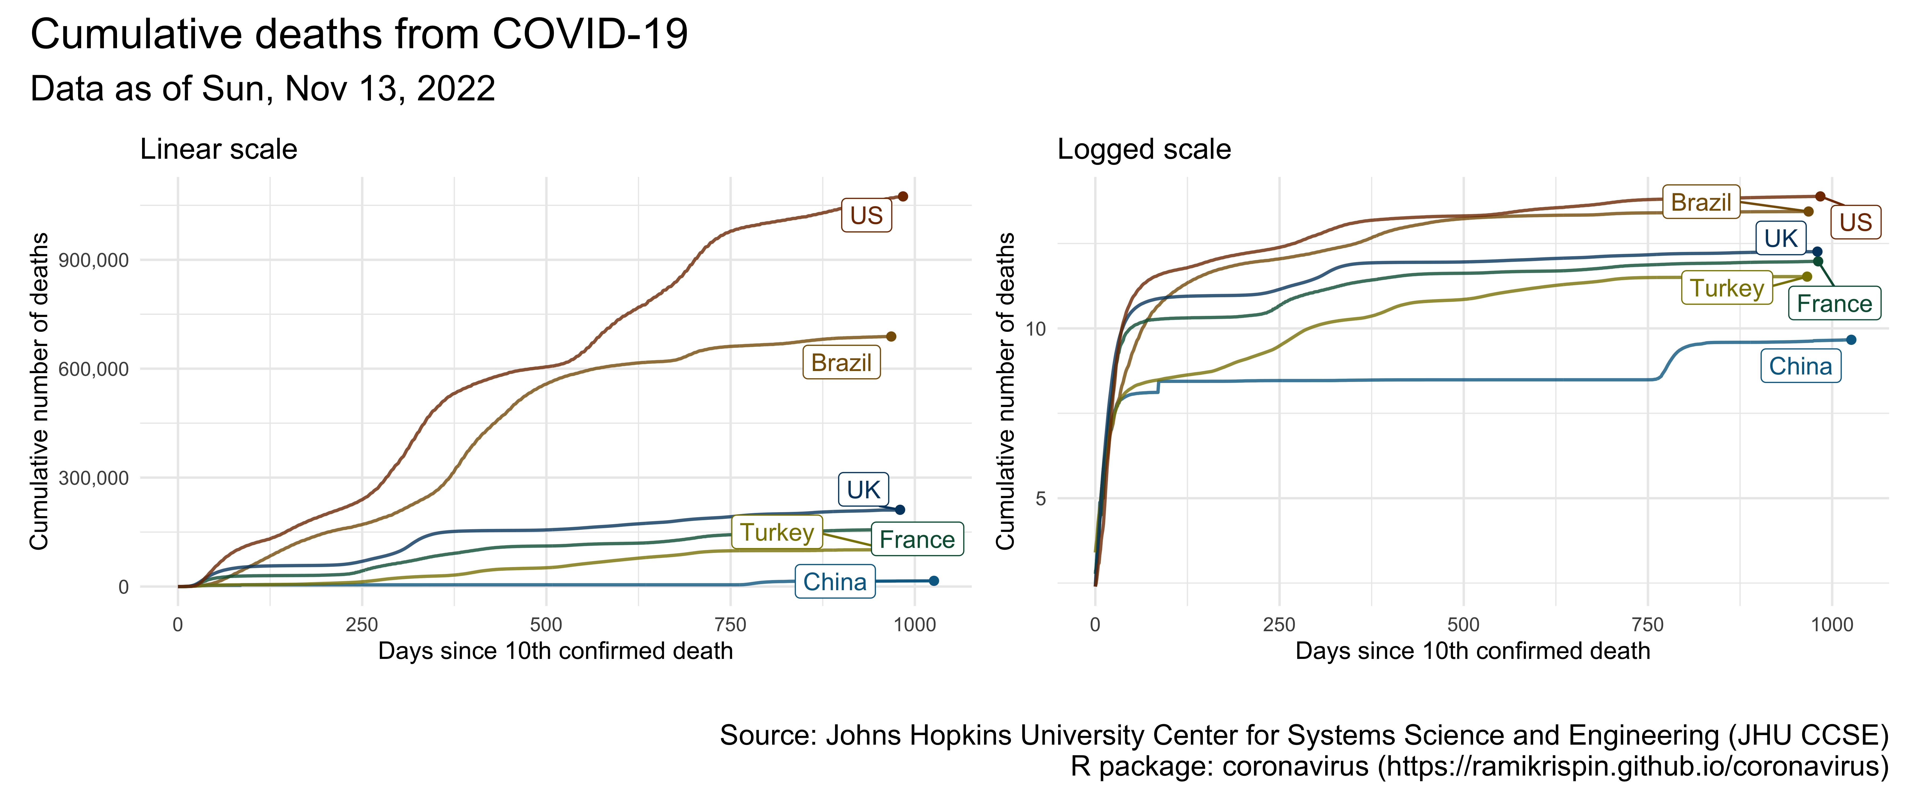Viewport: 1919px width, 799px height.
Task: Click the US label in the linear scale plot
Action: [866, 216]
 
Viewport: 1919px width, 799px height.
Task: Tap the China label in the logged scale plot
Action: [1800, 366]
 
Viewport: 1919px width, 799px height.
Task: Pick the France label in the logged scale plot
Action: [1834, 304]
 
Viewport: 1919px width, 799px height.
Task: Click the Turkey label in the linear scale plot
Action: [777, 532]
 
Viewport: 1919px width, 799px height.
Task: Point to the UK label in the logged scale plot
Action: [1780, 239]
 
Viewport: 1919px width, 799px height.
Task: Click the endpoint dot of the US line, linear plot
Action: [903, 197]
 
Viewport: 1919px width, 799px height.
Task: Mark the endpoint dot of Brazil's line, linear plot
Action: [891, 337]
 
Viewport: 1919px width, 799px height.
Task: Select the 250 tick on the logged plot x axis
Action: [1279, 625]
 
